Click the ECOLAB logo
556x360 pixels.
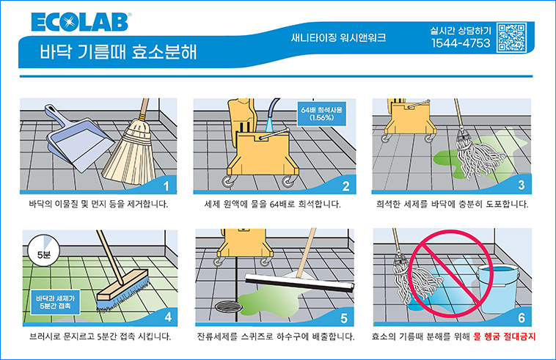(x=81, y=22)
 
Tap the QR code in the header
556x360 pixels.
(x=511, y=37)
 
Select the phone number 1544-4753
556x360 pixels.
(x=461, y=43)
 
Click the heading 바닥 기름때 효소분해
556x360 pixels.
(x=118, y=52)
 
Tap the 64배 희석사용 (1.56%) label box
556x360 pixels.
(x=321, y=114)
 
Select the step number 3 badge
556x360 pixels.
(x=521, y=185)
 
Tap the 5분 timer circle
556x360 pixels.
(x=43, y=251)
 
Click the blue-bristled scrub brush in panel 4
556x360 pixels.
(x=123, y=290)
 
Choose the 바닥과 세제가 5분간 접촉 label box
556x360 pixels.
(x=55, y=302)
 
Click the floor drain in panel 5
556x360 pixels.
(x=229, y=307)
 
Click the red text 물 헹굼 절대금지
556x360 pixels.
(x=504, y=337)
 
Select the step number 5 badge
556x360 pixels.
(x=343, y=318)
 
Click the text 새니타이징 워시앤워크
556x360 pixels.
(x=338, y=37)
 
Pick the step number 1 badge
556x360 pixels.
(x=167, y=185)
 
